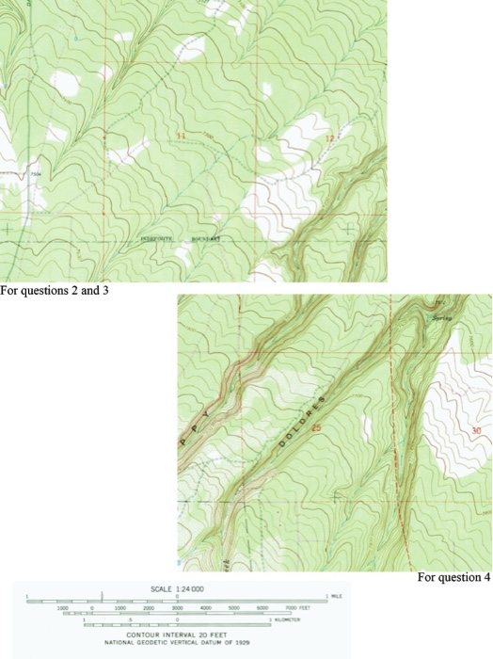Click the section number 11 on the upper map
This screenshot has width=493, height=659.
[x=182, y=137]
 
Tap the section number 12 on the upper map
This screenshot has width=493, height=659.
[x=328, y=139]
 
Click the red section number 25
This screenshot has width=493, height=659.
[x=316, y=429]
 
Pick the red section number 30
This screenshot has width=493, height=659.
[x=476, y=431]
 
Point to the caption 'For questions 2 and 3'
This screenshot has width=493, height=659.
[x=55, y=291]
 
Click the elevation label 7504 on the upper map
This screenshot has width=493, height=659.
[x=36, y=174]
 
